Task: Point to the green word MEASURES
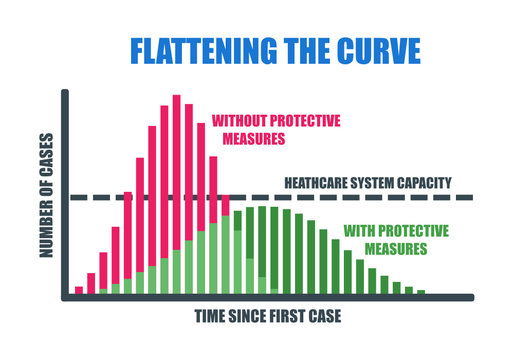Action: (384, 247)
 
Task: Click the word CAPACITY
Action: (425, 184)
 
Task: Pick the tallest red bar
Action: (176, 170)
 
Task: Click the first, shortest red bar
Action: (79, 291)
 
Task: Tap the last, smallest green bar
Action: (421, 292)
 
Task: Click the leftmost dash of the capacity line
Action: (77, 198)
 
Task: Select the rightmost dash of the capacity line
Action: (462, 198)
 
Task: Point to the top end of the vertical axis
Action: (65, 93)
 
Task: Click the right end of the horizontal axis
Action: (470, 297)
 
